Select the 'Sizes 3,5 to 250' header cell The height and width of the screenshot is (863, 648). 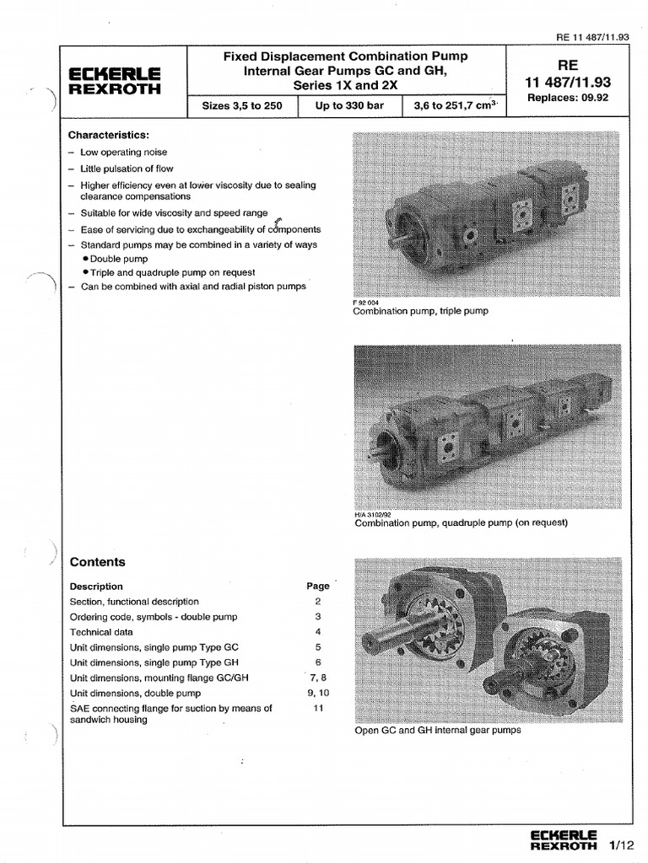pos(243,107)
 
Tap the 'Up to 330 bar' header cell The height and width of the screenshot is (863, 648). pos(350,107)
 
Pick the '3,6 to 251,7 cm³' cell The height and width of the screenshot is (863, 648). pos(456,107)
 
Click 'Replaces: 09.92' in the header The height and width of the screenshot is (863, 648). pos(566,98)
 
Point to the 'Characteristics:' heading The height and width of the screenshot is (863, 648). pos(108,135)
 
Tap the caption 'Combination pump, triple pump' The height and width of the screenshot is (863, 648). pos(420,311)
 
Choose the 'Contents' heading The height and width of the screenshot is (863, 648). pos(97,562)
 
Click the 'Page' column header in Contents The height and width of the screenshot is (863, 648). pos(318,586)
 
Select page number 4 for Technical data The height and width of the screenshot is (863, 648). pos(318,631)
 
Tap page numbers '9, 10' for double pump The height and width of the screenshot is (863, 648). pos(318,693)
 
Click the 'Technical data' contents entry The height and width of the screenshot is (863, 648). pos(100,631)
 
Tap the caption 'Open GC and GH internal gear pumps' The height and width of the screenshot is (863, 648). pos(438,730)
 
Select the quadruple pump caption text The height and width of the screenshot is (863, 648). pos(461,523)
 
